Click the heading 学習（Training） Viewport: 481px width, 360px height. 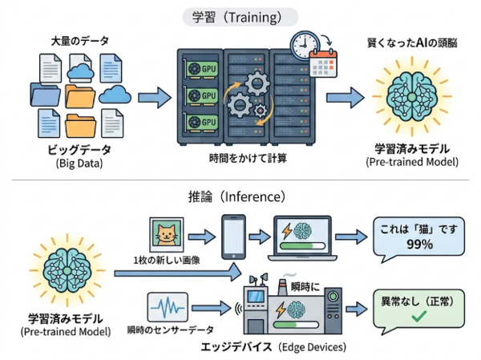click(240, 16)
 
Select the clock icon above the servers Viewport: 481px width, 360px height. click(305, 44)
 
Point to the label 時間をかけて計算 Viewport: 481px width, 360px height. click(240, 158)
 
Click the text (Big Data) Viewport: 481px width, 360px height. click(77, 164)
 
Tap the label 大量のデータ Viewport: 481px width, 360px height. click(79, 39)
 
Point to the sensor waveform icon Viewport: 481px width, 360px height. click(166, 308)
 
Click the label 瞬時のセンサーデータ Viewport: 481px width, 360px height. click(169, 330)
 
